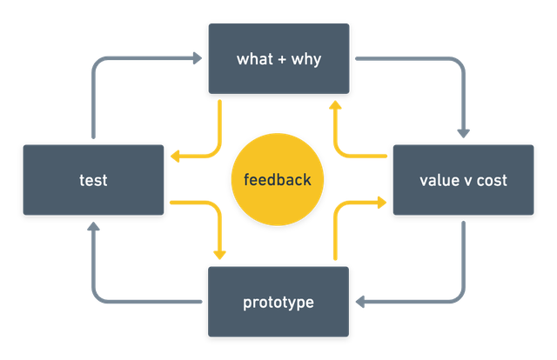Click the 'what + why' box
tap(278, 58)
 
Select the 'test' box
tap(93, 180)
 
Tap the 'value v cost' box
tap(463, 180)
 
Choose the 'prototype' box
tap(278, 302)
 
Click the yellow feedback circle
tap(278, 180)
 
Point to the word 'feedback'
tap(278, 180)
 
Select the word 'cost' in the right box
tap(491, 180)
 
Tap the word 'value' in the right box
tap(437, 180)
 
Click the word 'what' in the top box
tap(253, 59)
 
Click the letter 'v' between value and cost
tap(464, 181)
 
